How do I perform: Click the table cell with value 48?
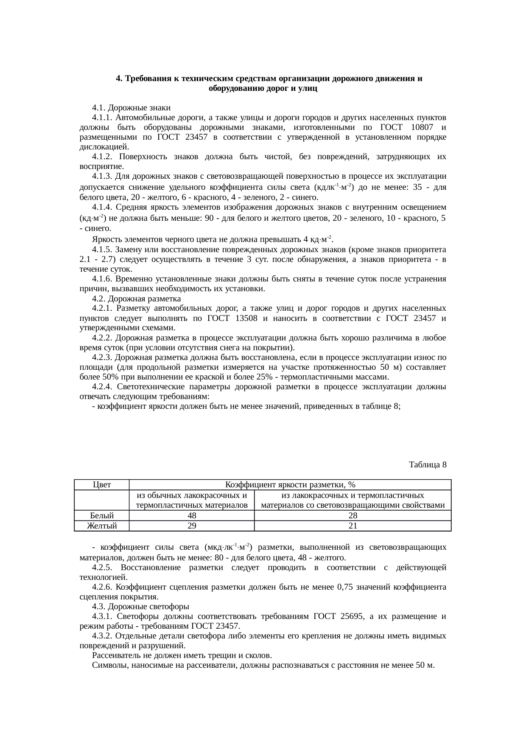(x=191, y=516)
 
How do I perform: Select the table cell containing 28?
(x=353, y=516)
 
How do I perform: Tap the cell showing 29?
(x=191, y=526)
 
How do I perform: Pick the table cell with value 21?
(x=353, y=526)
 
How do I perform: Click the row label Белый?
(x=102, y=516)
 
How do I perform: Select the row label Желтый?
(x=102, y=526)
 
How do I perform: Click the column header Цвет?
(x=102, y=485)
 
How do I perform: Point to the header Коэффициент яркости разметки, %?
(x=290, y=485)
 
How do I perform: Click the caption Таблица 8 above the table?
(x=428, y=465)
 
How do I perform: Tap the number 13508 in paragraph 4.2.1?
(x=242, y=318)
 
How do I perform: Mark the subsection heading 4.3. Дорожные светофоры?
(x=140, y=607)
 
